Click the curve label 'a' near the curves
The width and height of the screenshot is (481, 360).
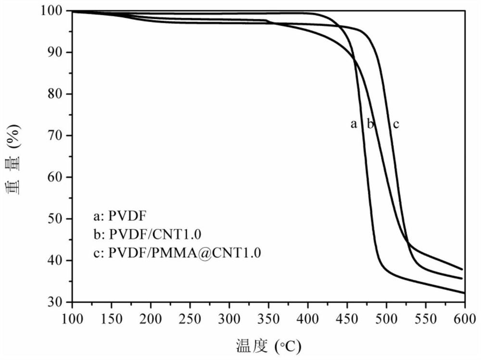pos(354,124)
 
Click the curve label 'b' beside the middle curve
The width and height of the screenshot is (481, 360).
pos(370,124)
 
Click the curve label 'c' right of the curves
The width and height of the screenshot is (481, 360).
pos(396,124)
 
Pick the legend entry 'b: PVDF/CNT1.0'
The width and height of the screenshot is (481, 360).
pos(147,234)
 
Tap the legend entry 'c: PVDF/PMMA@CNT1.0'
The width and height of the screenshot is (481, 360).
pos(177,253)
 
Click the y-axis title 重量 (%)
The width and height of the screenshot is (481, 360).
pos(14,157)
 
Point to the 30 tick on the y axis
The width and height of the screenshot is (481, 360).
pos(58,302)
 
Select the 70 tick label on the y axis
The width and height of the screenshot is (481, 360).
pos(58,136)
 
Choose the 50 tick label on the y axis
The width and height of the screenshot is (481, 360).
pos(58,219)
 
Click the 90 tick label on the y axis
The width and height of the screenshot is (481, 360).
pos(58,52)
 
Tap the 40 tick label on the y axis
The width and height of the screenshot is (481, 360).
pos(58,261)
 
